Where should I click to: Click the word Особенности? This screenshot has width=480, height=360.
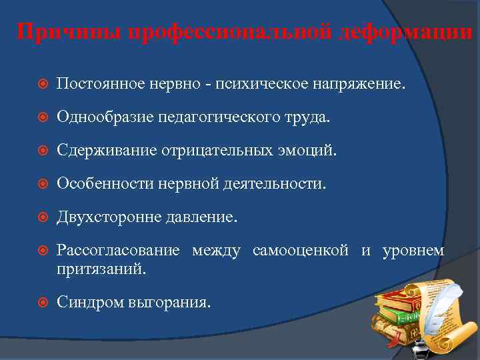pyautogui.click(x=105, y=183)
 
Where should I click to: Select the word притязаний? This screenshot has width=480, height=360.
pyautogui.click(x=101, y=269)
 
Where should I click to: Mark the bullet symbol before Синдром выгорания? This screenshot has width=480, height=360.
pyautogui.click(x=40, y=302)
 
